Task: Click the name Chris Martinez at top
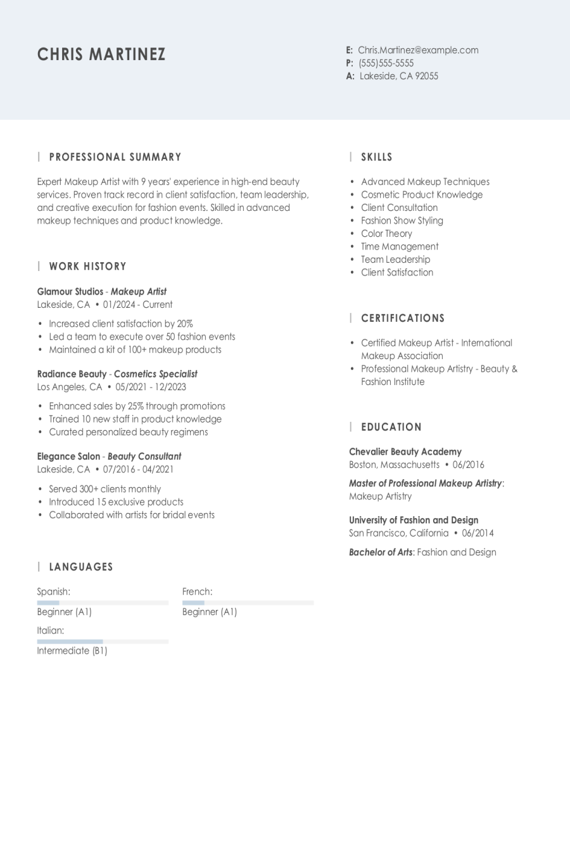[101, 54]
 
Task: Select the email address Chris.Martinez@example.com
[418, 50]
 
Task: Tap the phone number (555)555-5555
[386, 63]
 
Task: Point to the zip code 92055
[426, 76]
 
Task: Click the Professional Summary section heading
[115, 157]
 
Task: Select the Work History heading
[87, 267]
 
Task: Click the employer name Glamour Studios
[70, 292]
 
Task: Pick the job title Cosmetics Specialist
[156, 374]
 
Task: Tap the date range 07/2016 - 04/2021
[138, 469]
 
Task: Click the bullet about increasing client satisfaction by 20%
[121, 324]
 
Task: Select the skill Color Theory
[386, 234]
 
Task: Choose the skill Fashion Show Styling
[402, 221]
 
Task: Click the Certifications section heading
[403, 319]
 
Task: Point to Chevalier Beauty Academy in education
[405, 452]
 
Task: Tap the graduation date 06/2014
[478, 533]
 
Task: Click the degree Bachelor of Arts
[381, 552]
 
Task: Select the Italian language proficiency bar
[103, 642]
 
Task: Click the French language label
[197, 592]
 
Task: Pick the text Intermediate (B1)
[72, 651]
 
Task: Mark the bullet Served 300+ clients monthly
[105, 489]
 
